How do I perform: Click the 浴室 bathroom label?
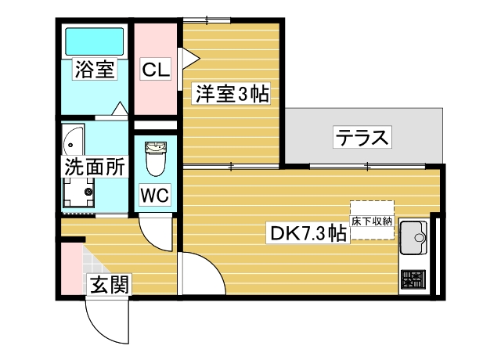[95, 69]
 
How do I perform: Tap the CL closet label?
[155, 70]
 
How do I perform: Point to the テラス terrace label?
[362, 137]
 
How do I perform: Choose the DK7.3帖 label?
[308, 233]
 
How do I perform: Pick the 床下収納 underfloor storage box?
[372, 215]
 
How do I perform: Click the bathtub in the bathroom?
[94, 41]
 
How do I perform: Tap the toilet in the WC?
[155, 160]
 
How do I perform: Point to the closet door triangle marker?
[187, 57]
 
